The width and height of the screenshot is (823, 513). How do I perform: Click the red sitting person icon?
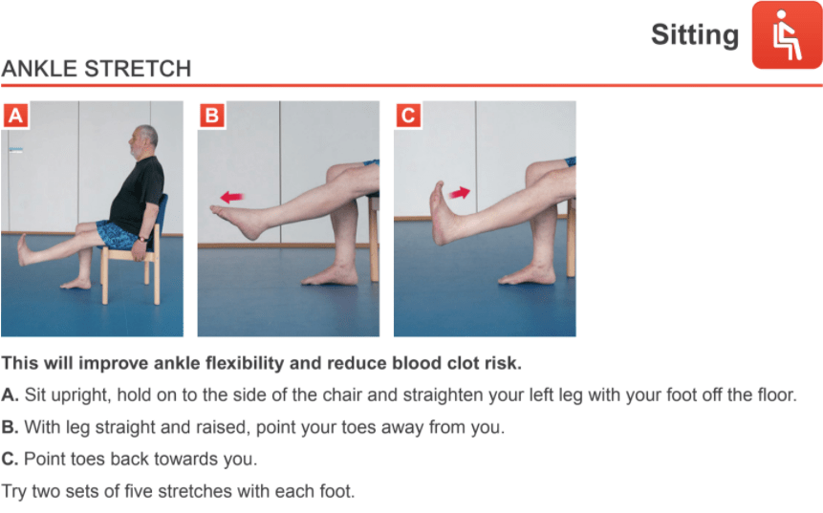(787, 34)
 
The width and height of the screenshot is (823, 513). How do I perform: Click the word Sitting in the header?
(695, 35)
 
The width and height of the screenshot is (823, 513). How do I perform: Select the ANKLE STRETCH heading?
(96, 69)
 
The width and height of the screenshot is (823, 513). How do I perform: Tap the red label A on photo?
(15, 116)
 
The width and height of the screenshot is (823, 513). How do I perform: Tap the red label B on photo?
(212, 116)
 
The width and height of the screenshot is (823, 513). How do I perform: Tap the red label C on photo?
(408, 116)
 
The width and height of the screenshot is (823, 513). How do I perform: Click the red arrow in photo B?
(232, 197)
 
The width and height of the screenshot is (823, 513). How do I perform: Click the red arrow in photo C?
(460, 193)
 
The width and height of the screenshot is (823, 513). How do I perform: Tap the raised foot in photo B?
(240, 222)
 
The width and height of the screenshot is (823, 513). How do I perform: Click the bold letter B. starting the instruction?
(10, 427)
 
